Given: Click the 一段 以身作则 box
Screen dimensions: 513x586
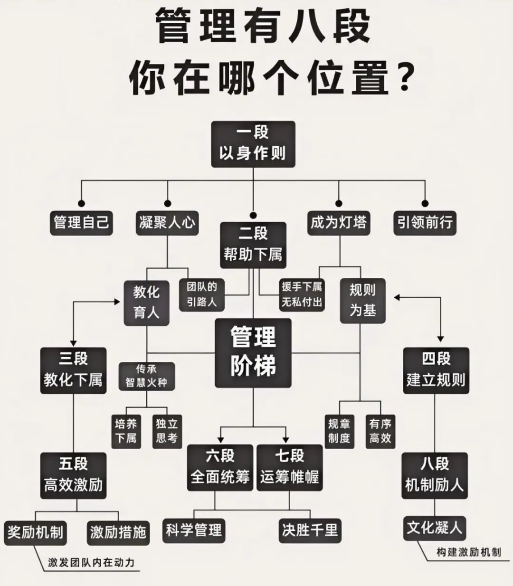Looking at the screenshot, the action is click(253, 144).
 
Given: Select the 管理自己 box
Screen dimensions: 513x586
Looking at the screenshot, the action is click(81, 223).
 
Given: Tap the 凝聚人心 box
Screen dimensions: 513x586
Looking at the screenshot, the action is click(167, 223).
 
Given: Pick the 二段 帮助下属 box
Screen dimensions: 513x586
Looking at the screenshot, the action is click(253, 244).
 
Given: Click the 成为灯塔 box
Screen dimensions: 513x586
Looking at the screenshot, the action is click(339, 223).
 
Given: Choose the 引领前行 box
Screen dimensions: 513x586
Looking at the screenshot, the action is click(425, 223).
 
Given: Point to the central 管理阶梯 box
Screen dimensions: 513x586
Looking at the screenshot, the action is click(253, 353).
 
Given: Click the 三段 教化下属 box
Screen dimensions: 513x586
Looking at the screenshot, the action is click(73, 370).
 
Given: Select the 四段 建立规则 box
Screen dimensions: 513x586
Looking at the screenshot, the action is click(436, 370).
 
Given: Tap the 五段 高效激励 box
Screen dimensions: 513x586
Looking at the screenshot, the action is click(73, 475).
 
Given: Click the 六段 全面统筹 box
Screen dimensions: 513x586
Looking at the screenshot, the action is click(220, 467).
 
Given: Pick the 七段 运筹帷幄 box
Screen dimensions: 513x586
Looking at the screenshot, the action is click(289, 467).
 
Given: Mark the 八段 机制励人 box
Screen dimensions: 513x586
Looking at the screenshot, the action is click(435, 475).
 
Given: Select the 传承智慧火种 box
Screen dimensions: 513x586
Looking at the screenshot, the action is click(146, 376).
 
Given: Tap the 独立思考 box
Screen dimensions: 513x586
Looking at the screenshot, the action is click(167, 431).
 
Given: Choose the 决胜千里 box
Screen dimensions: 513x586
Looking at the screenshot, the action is click(310, 529).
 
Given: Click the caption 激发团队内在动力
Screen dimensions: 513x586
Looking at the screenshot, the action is click(91, 563).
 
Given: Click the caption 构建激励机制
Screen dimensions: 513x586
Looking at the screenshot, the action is click(469, 552).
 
